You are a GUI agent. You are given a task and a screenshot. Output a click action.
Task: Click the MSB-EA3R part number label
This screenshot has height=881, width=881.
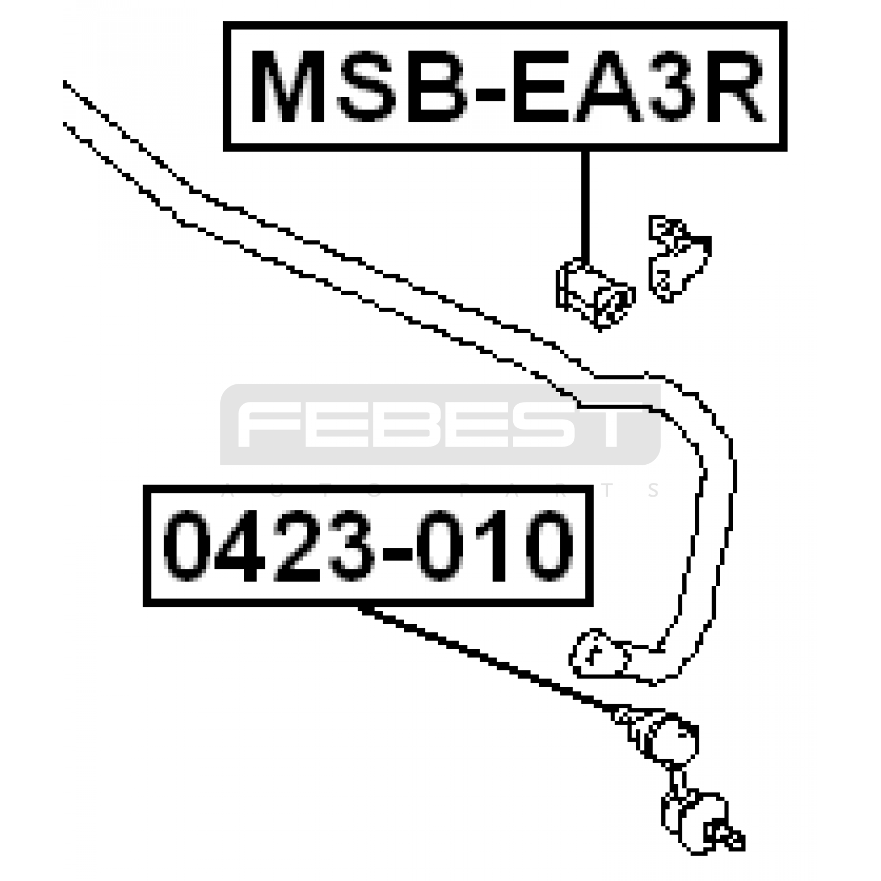(x=505, y=86)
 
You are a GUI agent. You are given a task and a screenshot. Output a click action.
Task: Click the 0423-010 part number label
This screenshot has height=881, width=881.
(x=368, y=546)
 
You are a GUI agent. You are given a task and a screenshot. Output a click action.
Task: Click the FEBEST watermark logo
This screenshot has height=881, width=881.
(x=440, y=424)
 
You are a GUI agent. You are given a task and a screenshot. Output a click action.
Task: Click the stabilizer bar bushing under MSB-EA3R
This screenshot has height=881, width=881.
(x=595, y=295)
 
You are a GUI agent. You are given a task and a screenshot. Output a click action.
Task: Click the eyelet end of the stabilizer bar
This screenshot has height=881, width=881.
(x=600, y=655)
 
